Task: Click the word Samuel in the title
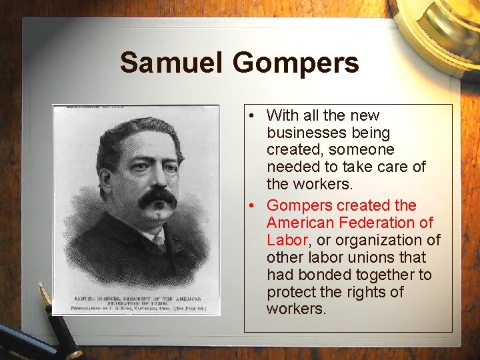tap(171, 63)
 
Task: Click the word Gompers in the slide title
tap(295, 64)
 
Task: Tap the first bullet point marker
tap(247, 116)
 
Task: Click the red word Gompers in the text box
tap(299, 205)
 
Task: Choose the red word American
tap(300, 223)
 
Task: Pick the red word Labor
tap(286, 240)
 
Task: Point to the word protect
tap(291, 292)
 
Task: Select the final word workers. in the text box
tap(296, 309)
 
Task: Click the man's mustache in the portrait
tap(157, 197)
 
